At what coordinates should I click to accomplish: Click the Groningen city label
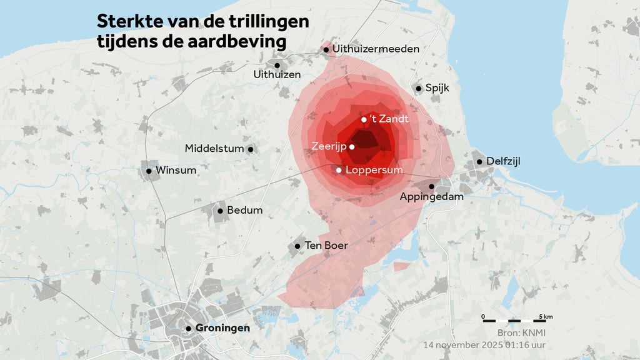(x=222, y=328)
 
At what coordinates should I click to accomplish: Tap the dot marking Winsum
(x=149, y=171)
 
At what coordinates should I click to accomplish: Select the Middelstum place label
(x=214, y=149)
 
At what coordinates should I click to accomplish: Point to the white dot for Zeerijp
(x=352, y=147)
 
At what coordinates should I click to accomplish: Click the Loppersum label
(x=374, y=169)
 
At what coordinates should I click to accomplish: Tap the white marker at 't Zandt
(x=364, y=119)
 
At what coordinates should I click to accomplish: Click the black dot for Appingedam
(x=431, y=186)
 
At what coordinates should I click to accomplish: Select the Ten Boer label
(x=326, y=246)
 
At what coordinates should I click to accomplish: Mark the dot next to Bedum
(x=220, y=211)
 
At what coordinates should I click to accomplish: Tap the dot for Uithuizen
(x=277, y=65)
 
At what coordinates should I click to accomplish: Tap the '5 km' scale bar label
(x=544, y=317)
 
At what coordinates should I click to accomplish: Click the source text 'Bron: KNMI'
(x=522, y=332)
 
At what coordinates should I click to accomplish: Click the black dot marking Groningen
(x=188, y=328)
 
